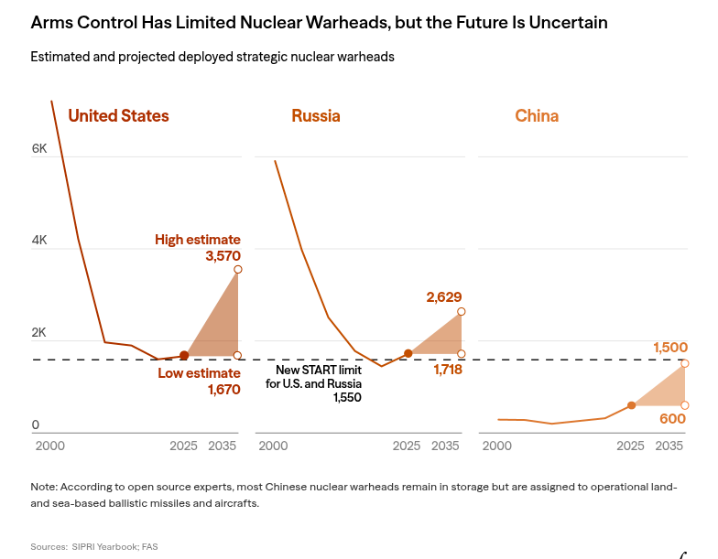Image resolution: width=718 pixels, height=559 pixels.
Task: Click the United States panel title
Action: tap(118, 116)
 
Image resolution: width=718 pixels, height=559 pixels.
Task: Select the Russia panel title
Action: tap(316, 116)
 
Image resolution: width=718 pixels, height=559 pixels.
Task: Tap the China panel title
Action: tap(537, 116)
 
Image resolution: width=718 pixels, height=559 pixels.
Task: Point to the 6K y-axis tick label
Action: tap(39, 148)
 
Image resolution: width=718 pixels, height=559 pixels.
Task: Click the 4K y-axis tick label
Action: tap(39, 241)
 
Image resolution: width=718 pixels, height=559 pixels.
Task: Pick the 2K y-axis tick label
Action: tap(39, 333)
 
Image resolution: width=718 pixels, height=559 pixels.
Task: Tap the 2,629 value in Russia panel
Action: tap(444, 296)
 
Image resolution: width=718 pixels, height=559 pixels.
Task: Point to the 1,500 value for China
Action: tap(670, 348)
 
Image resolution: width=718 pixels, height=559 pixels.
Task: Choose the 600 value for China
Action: tap(673, 418)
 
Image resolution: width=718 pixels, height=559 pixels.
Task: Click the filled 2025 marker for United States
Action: tap(184, 355)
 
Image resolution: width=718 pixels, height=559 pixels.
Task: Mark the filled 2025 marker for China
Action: tap(631, 404)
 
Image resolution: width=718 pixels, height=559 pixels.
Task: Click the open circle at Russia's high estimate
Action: tap(461, 312)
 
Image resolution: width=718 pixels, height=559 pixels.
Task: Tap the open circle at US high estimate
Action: tap(237, 269)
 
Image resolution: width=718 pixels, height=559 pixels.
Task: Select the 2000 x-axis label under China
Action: tap(496, 446)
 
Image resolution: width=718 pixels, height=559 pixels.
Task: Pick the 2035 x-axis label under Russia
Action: tap(445, 446)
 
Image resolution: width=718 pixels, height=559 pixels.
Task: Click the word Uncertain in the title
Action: tap(566, 22)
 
